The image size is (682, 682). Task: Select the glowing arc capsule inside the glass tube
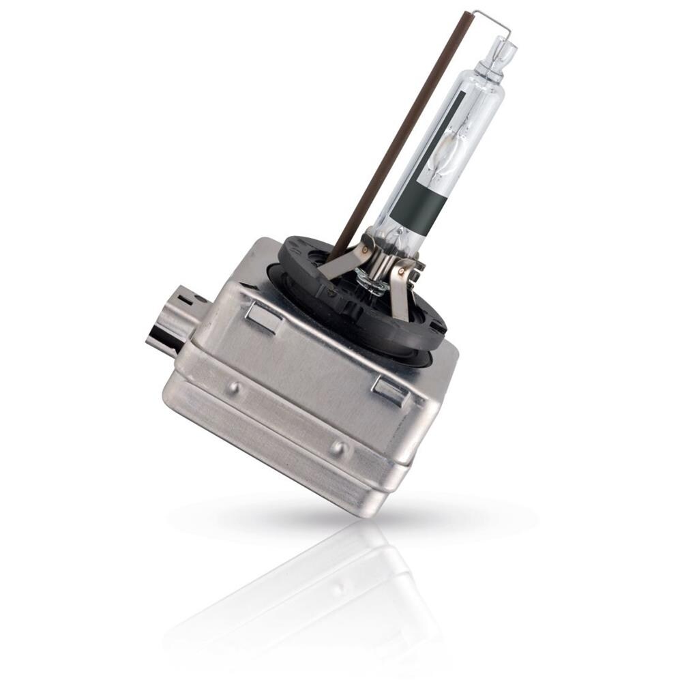pyautogui.click(x=447, y=147)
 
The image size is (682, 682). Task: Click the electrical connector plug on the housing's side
pyautogui.click(x=174, y=321)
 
